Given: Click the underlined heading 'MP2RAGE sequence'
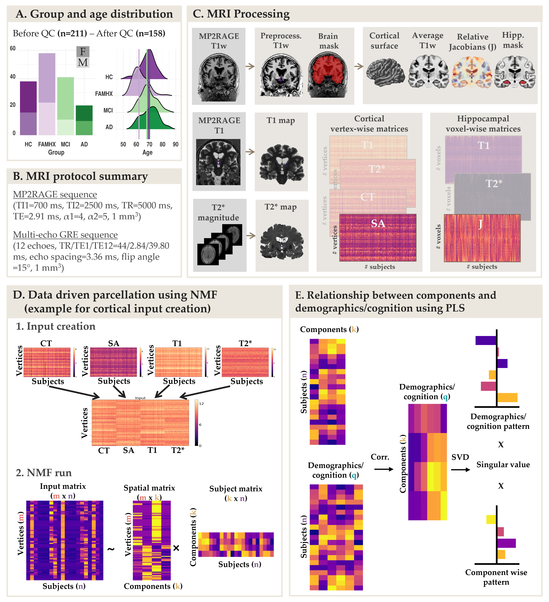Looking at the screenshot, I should click(55, 194).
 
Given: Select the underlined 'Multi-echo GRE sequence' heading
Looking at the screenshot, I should click(65, 235).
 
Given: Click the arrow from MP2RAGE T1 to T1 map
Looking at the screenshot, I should click(250, 152).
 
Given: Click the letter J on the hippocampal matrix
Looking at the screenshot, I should click(480, 224).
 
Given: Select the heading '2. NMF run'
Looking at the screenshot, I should click(44, 473).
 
